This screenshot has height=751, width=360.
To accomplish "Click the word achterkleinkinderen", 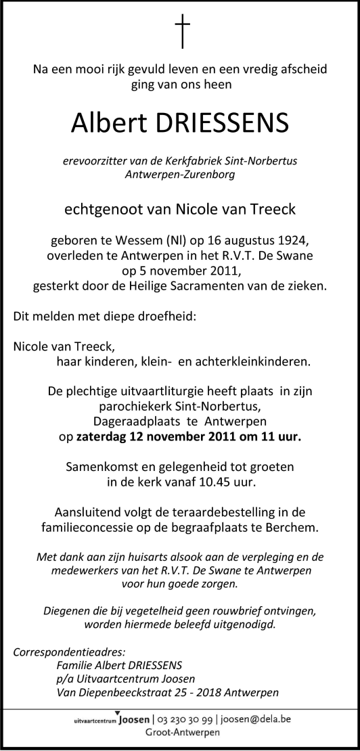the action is pos(254,361).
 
